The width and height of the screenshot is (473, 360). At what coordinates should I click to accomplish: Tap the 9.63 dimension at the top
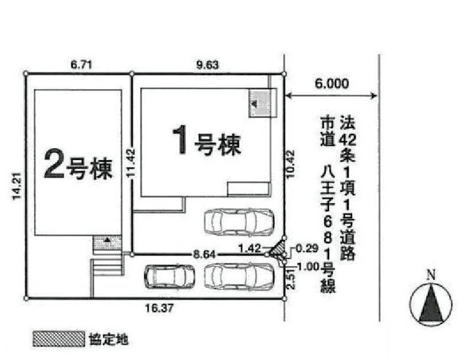point(207,64)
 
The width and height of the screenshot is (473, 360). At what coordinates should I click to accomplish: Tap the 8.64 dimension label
point(204,254)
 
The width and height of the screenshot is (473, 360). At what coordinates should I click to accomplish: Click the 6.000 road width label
point(331,84)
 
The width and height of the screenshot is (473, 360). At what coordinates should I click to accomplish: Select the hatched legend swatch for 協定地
point(58,339)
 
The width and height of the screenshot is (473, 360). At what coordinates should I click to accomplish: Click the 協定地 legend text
point(109,339)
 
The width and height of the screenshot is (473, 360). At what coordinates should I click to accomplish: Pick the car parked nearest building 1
point(238,222)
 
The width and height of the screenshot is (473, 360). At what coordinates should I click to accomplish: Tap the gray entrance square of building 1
point(260,103)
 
